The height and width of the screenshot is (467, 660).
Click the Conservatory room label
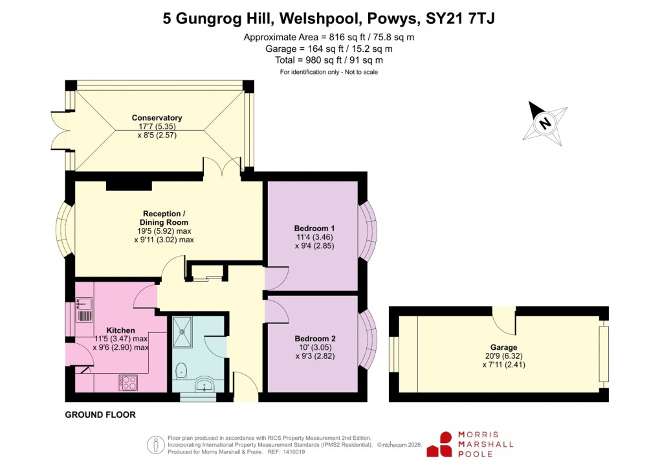[157, 118]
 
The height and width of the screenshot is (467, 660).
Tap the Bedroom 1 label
[314, 228]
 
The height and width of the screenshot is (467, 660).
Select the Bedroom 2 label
[314, 338]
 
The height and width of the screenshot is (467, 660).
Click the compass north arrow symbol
[545, 121]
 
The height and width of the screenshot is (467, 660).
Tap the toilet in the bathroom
[181, 371]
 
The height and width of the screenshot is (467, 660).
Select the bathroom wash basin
[206, 387]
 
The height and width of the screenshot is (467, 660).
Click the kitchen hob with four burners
[127, 383]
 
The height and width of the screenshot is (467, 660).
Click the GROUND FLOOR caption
[100, 415]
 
